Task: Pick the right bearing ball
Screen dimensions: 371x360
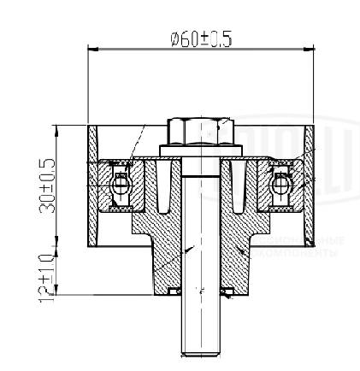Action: pos(282,181)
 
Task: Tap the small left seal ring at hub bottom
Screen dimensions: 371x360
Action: pos(174,292)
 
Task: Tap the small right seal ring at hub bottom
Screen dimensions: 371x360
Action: pos(230,292)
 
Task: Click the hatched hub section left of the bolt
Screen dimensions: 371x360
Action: pos(162,248)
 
